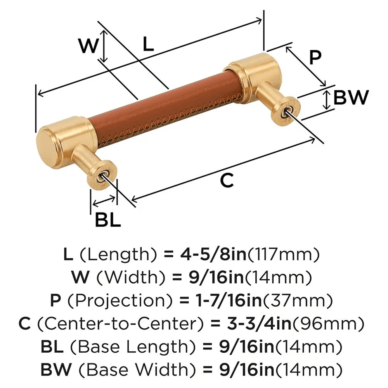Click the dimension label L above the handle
[148, 44]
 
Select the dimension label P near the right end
[315, 58]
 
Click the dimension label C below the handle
[227, 180]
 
